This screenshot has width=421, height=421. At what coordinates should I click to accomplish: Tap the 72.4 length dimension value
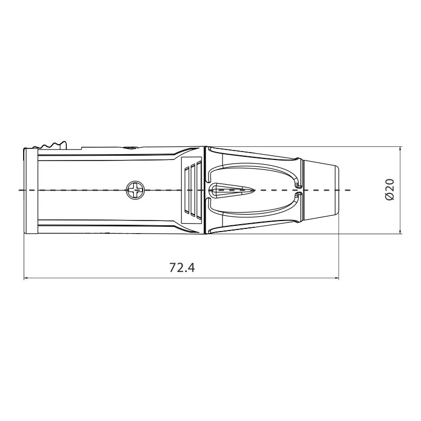[x=182, y=267]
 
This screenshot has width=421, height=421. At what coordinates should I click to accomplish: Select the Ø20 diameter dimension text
[x=390, y=189]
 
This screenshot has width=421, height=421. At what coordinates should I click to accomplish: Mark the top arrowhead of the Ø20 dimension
[x=401, y=149]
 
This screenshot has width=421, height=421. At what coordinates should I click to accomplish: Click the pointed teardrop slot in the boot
[x=232, y=189]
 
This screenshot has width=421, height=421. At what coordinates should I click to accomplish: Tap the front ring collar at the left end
[x=31, y=191]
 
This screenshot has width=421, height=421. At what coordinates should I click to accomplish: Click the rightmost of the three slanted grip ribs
[x=199, y=189]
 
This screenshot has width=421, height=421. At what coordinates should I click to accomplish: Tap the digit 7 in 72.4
[x=173, y=267]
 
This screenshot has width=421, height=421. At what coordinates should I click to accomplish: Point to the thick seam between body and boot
[x=204, y=189]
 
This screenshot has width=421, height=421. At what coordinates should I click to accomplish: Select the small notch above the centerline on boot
[x=299, y=184]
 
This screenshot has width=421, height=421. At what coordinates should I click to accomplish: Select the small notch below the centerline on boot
[x=299, y=195]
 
